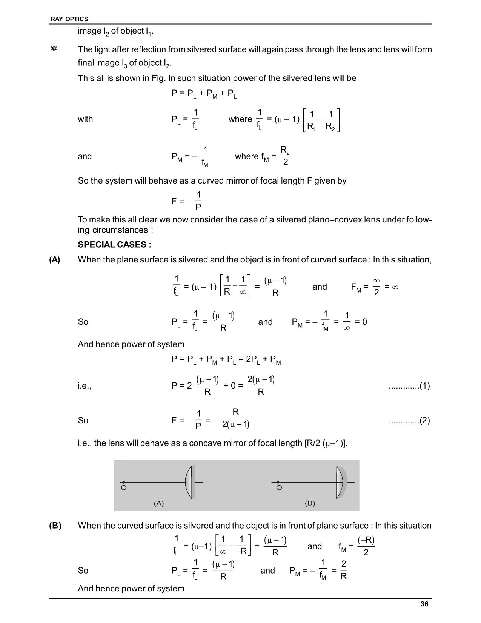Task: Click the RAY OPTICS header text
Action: tap(69, 19)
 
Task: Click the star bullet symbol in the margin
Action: tap(54, 49)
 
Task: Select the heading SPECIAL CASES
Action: tap(114, 245)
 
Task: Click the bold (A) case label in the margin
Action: tap(54, 260)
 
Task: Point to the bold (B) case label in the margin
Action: tap(55, 526)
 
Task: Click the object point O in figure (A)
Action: tap(124, 483)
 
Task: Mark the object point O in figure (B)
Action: tap(278, 483)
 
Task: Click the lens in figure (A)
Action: tap(189, 482)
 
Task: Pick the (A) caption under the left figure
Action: tap(159, 503)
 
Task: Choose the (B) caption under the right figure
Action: tap(310, 503)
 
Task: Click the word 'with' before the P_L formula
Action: tap(85, 119)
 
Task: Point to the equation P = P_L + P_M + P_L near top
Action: tap(204, 93)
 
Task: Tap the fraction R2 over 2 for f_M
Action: tap(285, 156)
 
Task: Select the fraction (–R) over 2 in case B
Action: tap(366, 546)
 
